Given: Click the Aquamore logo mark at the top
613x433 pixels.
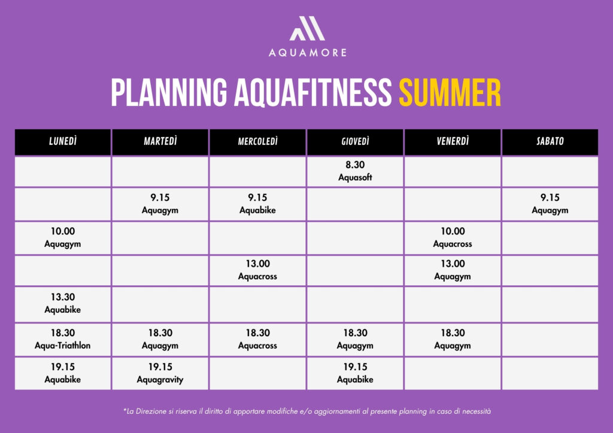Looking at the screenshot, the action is pos(307,28).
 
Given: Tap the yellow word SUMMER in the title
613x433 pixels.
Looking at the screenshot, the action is pos(450,93).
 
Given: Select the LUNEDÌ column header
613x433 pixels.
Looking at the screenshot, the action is pos(62,142).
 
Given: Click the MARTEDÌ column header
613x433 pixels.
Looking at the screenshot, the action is pos(160,142).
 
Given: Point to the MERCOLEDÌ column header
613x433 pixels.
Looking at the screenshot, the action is pos(257,142).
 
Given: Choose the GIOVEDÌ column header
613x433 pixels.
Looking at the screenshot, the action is pos(355,142).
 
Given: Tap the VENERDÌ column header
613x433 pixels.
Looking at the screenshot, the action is pos(453,142).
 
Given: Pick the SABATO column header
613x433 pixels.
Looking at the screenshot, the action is pos(550,142).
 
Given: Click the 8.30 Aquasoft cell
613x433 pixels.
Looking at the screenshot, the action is pos(355,172).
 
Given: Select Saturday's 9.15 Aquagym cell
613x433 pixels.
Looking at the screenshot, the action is pos(550,204).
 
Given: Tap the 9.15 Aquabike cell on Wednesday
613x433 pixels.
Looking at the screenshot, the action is pos(257,204).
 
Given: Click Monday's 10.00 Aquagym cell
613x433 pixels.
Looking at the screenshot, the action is pos(62,238).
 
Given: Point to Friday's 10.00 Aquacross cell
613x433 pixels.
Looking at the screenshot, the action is pos(453,238).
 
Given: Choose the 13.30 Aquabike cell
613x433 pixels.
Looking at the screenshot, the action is pos(62,304).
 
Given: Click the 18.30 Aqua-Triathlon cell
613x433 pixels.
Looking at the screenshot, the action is pos(62,339).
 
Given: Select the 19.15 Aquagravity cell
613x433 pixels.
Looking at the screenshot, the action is pos(160,373).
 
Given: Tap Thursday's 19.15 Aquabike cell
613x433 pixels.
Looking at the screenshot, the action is pos(355,373).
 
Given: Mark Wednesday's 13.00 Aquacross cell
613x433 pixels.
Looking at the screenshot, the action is pos(257,270).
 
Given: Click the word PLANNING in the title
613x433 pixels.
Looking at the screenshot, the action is pos(169,93).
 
